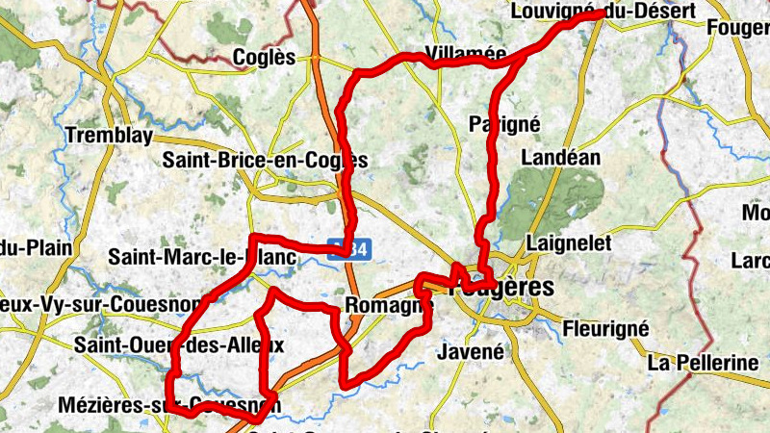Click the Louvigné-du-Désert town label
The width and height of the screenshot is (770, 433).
click(x=589, y=12)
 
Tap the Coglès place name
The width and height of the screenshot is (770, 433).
click(x=264, y=58)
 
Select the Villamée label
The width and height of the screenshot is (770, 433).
click(x=465, y=55)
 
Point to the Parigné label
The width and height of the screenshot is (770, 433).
click(x=504, y=123)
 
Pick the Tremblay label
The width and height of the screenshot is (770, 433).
click(x=109, y=136)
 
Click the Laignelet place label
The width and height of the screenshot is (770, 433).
click(x=570, y=243)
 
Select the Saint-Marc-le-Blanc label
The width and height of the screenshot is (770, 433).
click(x=203, y=257)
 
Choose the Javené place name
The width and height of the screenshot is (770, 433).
click(x=470, y=351)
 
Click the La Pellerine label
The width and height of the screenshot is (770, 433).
click(x=704, y=363)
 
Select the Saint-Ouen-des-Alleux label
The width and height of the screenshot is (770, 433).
click(x=179, y=344)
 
